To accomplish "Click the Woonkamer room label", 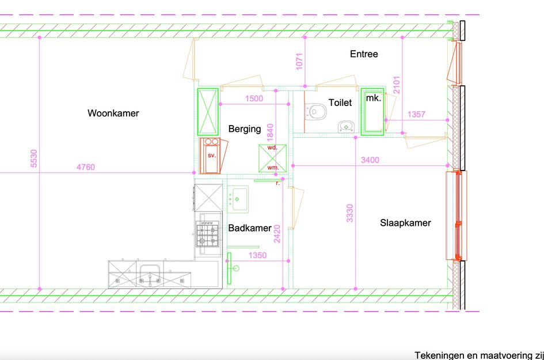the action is tap(113, 113).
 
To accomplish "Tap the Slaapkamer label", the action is tap(405, 223).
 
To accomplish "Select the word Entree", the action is tap(364, 54).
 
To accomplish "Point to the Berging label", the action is tap(245, 129).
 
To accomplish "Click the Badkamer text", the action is tap(250, 228).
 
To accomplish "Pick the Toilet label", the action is tap(340, 103).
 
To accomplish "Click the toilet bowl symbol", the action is tap(315, 112).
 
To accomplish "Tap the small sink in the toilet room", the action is tap(345, 127).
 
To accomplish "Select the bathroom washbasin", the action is tap(238, 199).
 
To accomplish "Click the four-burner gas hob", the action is tap(208, 235).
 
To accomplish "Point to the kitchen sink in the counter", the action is tap(150, 274).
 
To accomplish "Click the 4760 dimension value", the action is tap(86, 167).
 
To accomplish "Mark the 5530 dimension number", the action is tap(33, 158).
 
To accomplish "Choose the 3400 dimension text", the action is tap(370, 160).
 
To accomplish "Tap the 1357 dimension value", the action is tap(416, 114).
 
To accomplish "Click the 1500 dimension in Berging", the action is tap(254, 98).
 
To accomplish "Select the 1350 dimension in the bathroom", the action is tap(257, 255).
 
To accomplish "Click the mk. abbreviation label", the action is tap(374, 98).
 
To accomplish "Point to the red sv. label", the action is tap(212, 155).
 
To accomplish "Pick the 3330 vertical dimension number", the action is tap(350, 213).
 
